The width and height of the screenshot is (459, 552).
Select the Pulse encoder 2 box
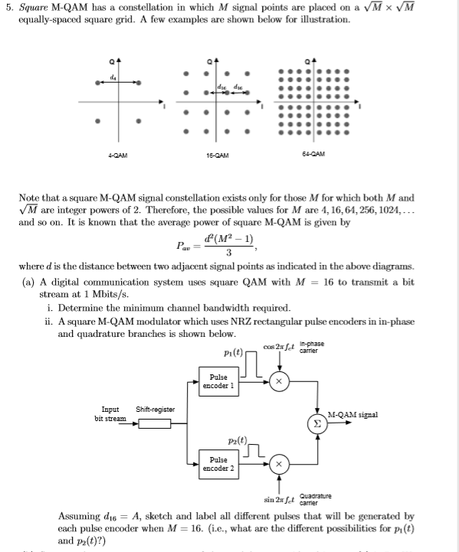click(218, 463)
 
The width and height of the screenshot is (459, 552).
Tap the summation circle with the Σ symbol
click(317, 421)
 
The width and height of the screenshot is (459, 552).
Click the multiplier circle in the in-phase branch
click(279, 381)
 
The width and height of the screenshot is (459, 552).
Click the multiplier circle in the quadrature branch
click(279, 464)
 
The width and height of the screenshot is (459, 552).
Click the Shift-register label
click(155, 410)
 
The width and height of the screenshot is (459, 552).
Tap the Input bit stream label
click(110, 414)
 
